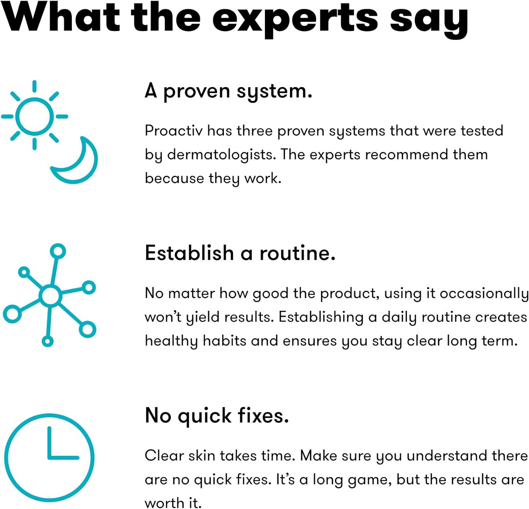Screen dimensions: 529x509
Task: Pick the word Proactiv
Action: point(174,131)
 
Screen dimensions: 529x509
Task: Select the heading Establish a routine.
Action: point(240,253)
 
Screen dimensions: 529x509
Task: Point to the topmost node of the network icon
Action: point(58,251)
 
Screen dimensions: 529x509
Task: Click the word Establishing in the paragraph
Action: point(321,317)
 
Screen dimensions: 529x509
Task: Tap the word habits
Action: point(224,341)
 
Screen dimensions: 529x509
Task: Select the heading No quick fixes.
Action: point(217,416)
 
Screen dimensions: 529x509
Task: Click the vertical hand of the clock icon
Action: point(50,442)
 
